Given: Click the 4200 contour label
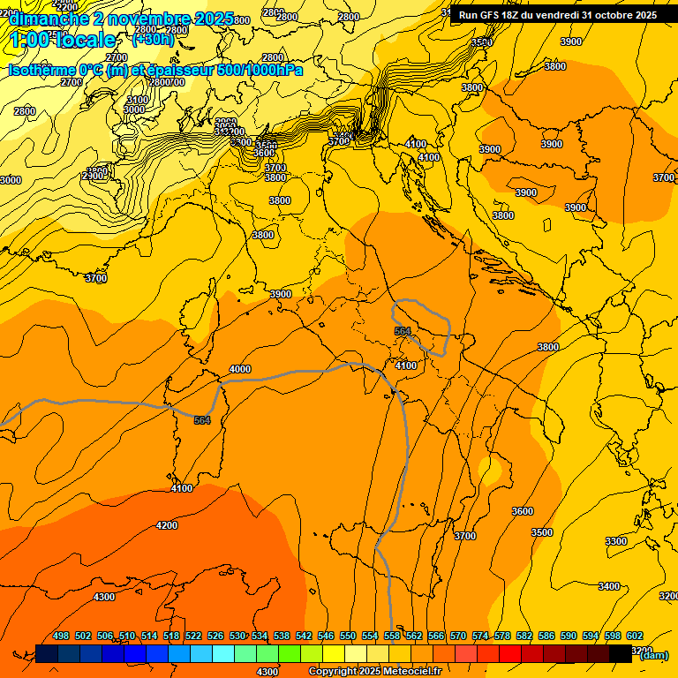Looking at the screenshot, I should tap(166, 525).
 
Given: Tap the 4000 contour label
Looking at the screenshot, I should tap(239, 369).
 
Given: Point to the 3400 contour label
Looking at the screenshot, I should tap(609, 586).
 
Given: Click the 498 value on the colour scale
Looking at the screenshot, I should tap(61, 636).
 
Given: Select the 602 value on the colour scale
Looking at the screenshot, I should tap(635, 636).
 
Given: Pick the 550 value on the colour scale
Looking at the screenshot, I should tap(348, 636).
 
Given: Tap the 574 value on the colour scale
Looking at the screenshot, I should tap(480, 636).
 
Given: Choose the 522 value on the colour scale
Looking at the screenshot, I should tap(193, 636).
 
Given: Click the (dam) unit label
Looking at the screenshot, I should tap(653, 655).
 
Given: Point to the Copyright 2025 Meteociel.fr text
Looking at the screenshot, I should tap(374, 671).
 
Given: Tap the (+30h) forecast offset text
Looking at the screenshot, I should tap(153, 39).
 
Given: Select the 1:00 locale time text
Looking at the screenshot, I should tap(62, 40).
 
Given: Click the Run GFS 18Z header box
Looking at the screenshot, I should tap(557, 15).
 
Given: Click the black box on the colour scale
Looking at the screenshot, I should tap(621, 653).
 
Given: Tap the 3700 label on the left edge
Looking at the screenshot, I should tap(95, 278).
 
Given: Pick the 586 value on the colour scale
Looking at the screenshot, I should tap(546, 636).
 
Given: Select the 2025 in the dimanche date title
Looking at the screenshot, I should tap(215, 19).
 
